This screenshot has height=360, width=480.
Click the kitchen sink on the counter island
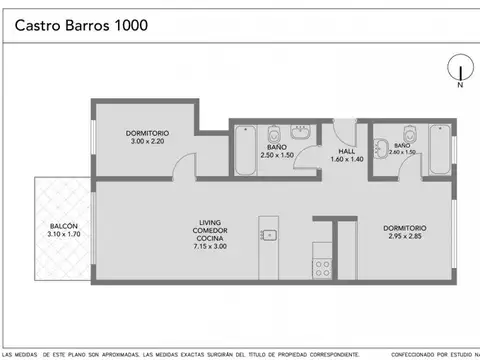pos(268,236)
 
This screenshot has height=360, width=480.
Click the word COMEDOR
pos(210,228)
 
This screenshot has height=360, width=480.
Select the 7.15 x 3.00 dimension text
pos(210,246)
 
